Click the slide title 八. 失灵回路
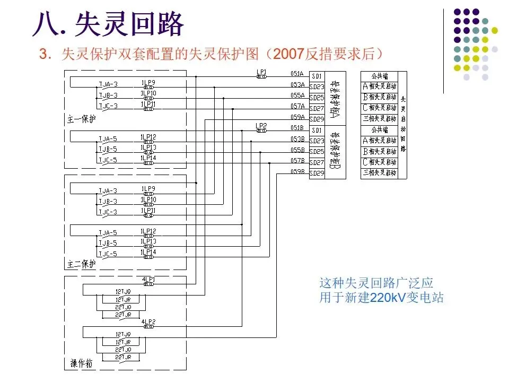click(x=108, y=23)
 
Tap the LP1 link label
click(x=261, y=71)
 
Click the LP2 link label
click(x=261, y=126)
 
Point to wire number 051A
click(x=297, y=74)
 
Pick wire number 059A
click(x=297, y=117)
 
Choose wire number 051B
click(x=297, y=128)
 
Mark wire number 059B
click(x=297, y=171)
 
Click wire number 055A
click(x=297, y=95)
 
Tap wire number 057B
click(x=297, y=161)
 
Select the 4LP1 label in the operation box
click(x=148, y=279)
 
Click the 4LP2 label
click(x=148, y=322)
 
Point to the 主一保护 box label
click(x=82, y=119)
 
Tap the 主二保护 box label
click(x=82, y=264)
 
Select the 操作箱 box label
click(x=82, y=363)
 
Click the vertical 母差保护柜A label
click(x=334, y=98)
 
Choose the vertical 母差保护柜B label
click(x=334, y=152)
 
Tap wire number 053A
click(x=297, y=85)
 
